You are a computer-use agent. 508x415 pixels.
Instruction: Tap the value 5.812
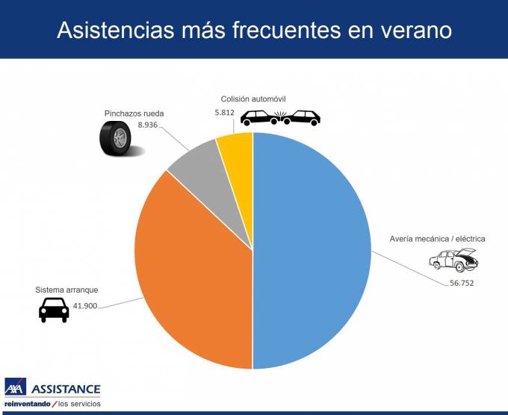point(224,113)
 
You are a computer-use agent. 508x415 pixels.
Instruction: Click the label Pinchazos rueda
point(134,113)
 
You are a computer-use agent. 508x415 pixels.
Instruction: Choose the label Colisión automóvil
point(253,99)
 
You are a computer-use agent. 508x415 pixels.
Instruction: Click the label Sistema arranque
point(66,290)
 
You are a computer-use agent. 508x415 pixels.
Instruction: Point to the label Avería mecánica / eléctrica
point(437,239)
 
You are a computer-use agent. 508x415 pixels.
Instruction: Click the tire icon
point(116,138)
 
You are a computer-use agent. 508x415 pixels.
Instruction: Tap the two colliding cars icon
point(279,118)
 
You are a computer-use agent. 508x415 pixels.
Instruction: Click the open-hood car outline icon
point(453,260)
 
